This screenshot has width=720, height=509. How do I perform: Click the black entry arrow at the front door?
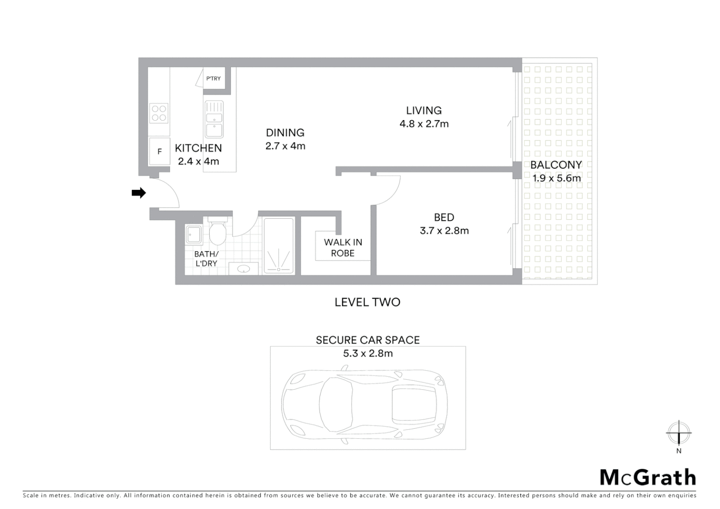(x=139, y=193)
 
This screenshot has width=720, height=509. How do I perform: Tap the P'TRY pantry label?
(x=213, y=79)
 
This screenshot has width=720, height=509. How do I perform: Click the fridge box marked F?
(x=159, y=151)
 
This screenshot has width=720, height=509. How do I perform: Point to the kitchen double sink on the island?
(x=214, y=119)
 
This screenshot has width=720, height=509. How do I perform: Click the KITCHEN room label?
(x=198, y=148)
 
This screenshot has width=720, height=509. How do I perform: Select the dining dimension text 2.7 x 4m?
(x=285, y=146)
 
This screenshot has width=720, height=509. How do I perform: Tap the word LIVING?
(x=424, y=110)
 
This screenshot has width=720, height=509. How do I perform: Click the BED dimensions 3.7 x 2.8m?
(x=444, y=230)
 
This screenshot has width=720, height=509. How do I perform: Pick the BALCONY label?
(x=556, y=165)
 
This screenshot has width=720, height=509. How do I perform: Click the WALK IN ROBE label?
(x=343, y=247)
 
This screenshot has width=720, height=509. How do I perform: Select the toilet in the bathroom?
(x=217, y=232)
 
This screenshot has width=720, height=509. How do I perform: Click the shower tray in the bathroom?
(x=279, y=246)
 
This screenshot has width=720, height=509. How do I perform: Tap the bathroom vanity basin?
(x=243, y=269)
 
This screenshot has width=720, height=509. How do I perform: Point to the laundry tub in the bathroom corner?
(x=194, y=234)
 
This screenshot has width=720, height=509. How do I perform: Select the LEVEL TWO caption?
(x=367, y=302)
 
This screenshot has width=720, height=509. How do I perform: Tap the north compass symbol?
(x=679, y=433)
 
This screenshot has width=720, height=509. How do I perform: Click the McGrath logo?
(x=647, y=477)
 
